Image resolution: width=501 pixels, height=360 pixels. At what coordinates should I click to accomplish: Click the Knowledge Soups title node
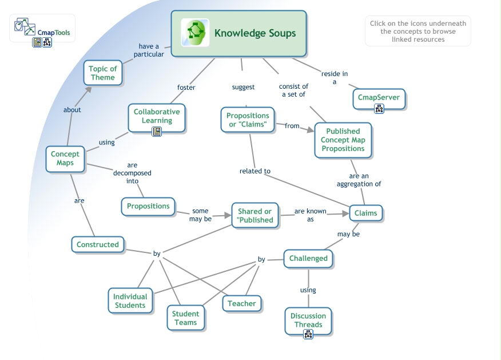tap(255, 33)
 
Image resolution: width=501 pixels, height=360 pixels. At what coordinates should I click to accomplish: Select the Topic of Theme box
tap(103, 73)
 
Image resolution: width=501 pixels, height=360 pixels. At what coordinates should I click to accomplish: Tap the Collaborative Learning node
tap(157, 116)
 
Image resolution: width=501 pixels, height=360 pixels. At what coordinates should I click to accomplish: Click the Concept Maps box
tap(65, 159)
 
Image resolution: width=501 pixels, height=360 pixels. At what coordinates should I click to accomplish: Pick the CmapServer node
tap(379, 97)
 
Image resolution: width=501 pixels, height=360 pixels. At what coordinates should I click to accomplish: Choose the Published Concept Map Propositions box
tap(343, 140)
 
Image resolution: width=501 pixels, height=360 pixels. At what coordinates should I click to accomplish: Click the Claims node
tap(365, 213)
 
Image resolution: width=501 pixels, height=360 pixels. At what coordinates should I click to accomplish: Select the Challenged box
tap(308, 259)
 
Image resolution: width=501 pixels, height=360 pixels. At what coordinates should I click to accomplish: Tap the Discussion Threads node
tap(308, 320)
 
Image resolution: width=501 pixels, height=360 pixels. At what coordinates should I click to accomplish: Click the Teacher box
tap(242, 304)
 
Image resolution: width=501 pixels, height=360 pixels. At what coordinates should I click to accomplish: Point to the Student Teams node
tap(185, 318)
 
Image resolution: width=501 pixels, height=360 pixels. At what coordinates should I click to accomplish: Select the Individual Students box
tap(130, 300)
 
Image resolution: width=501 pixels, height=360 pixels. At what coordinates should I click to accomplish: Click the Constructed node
tap(98, 245)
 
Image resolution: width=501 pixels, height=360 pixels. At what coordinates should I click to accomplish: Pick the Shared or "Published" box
tap(255, 216)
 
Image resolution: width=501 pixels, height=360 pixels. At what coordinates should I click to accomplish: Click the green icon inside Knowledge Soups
tap(195, 33)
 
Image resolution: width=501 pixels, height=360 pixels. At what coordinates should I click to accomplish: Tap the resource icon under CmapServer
tap(379, 109)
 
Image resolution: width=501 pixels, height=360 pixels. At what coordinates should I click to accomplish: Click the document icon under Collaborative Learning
tap(157, 132)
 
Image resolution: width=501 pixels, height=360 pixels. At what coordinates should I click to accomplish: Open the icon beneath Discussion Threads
tap(308, 335)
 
